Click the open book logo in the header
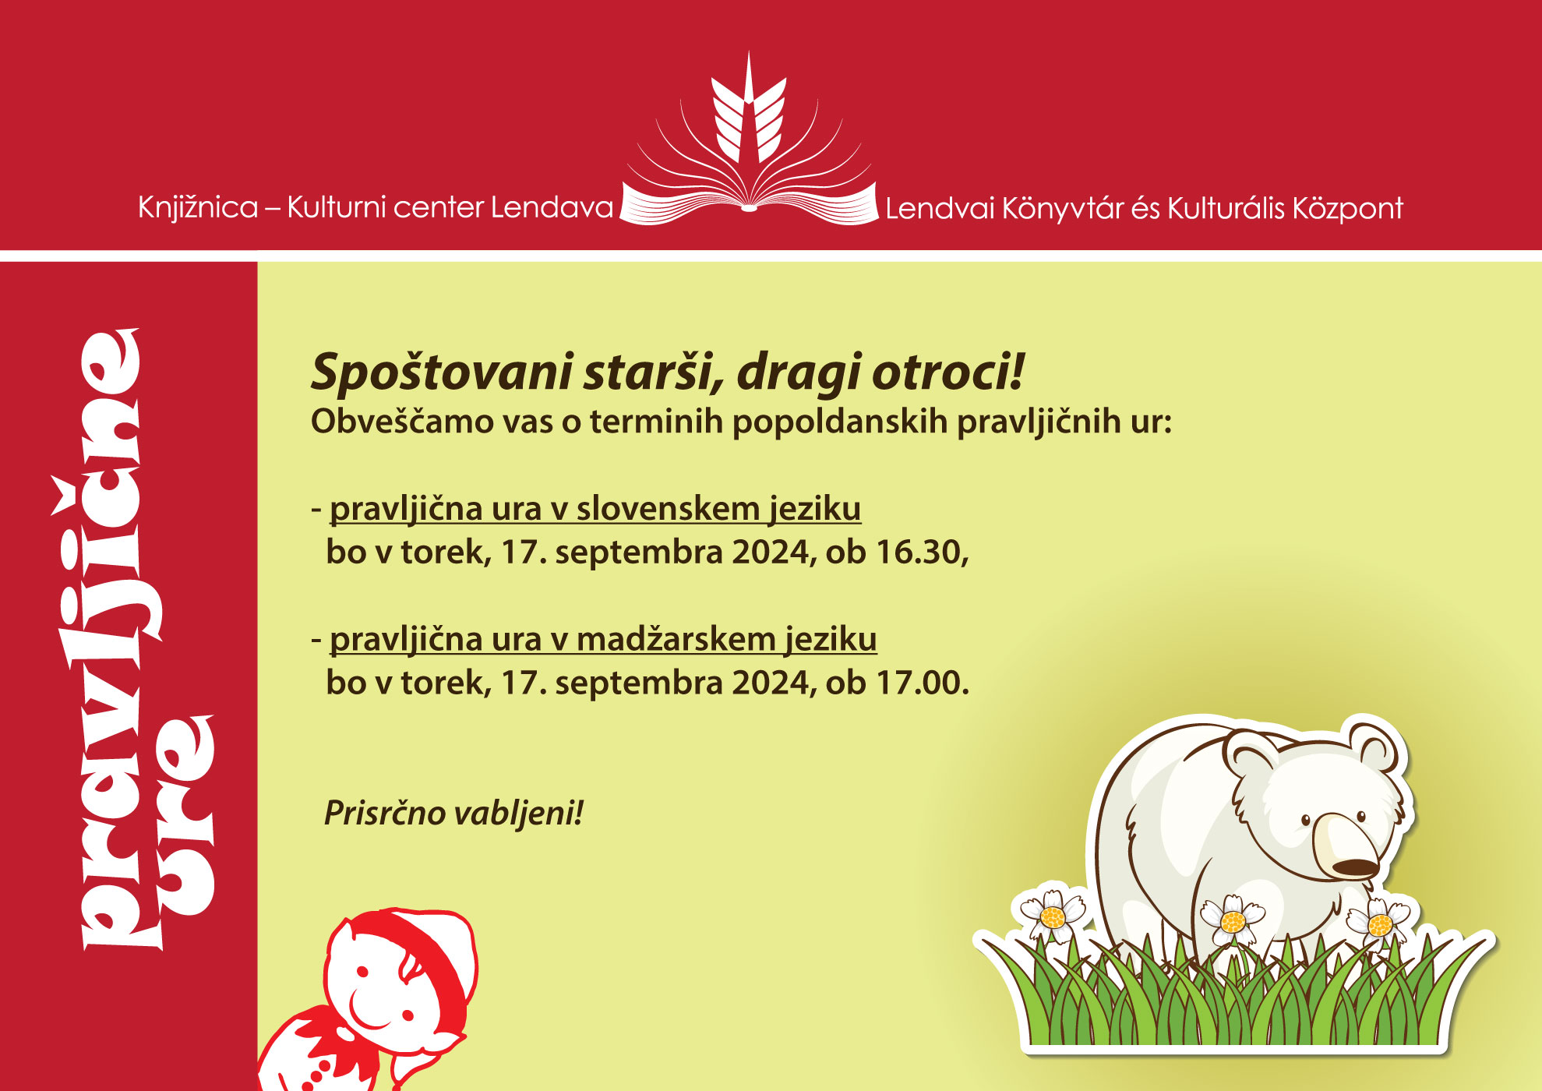pos(749,140)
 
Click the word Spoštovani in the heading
pos(443,372)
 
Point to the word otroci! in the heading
pos(947,371)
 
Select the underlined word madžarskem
pos(676,640)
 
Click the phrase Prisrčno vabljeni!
pos(453,813)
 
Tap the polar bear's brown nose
pos(1355,867)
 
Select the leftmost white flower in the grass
pos(1053,915)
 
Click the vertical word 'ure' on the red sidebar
pos(184,815)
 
